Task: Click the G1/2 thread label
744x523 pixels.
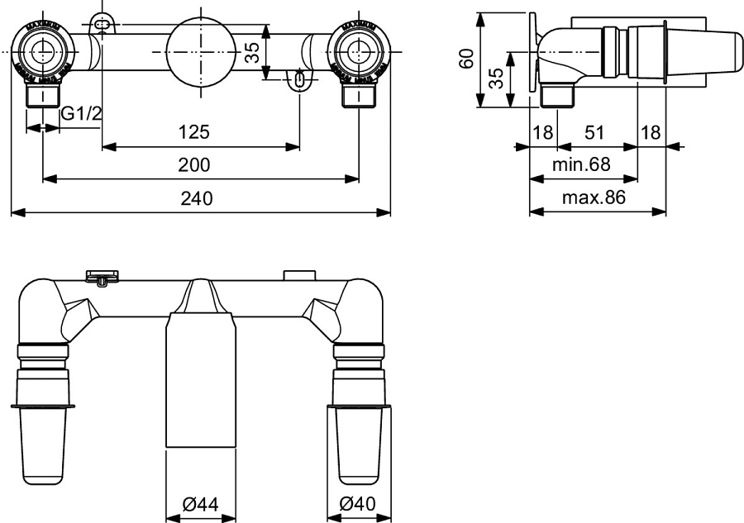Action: tap(81, 113)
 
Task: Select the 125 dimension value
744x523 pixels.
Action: tap(193, 131)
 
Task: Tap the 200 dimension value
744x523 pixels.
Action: tap(193, 164)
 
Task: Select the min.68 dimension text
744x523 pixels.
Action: tap(581, 164)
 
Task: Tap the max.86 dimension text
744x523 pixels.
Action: tap(594, 198)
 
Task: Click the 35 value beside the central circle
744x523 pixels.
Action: tap(252, 53)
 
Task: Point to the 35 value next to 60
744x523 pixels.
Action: tap(495, 79)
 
